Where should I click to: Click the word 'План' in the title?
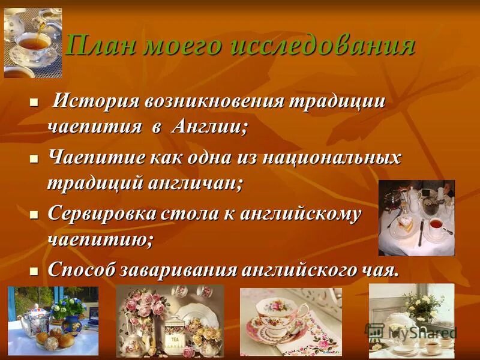click(103, 46)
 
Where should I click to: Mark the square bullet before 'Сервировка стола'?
click(34, 215)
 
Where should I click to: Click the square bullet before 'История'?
click(34, 103)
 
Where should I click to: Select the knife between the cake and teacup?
click(421, 231)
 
